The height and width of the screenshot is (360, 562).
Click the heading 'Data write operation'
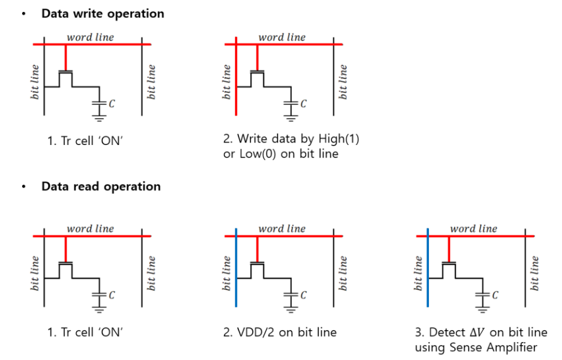(x=102, y=13)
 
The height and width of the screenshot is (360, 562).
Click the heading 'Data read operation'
(x=101, y=186)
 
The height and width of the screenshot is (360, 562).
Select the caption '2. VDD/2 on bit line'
(x=280, y=331)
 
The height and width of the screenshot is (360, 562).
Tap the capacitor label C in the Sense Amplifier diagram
(x=494, y=295)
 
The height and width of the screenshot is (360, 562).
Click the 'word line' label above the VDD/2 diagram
(x=282, y=228)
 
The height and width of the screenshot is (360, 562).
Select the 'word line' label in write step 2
(x=282, y=37)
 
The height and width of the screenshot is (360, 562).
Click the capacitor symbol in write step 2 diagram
(x=291, y=104)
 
